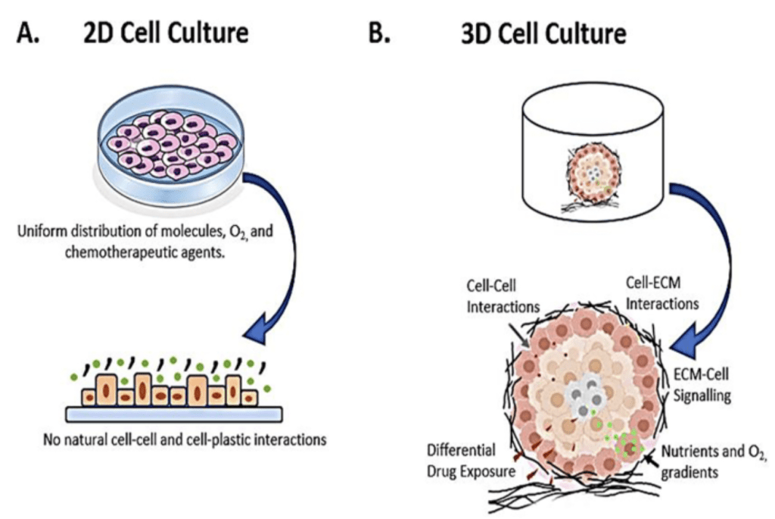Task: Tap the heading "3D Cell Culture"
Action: tap(543, 34)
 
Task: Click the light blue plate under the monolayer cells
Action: tap(174, 413)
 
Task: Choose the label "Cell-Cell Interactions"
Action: tap(503, 298)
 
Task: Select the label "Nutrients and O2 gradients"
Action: tap(714, 461)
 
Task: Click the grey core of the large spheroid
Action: tap(586, 399)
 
